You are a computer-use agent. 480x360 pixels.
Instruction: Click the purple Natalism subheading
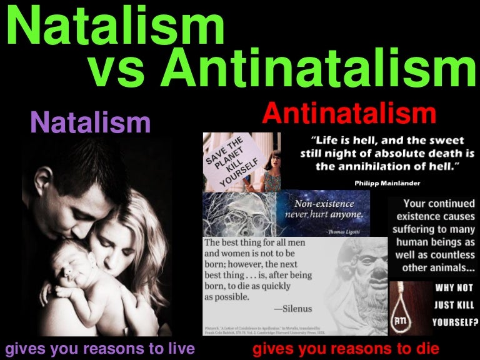(x=91, y=122)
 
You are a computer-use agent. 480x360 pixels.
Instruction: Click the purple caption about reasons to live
(x=100, y=347)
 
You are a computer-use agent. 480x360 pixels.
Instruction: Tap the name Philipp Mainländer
(x=384, y=183)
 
